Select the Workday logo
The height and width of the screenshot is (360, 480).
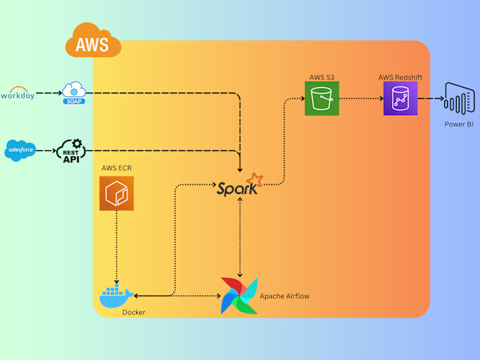[x=19, y=93]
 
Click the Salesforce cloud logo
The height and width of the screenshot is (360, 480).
[x=20, y=149]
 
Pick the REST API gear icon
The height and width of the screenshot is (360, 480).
[x=69, y=150]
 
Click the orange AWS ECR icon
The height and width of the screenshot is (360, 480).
[x=116, y=193]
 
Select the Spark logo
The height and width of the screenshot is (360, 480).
[x=239, y=185]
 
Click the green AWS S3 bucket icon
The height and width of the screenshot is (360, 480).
[x=322, y=98]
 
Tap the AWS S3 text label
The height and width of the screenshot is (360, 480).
[x=322, y=77]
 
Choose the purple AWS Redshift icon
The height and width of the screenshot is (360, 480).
[x=400, y=98]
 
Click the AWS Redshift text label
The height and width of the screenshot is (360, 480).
[x=400, y=77]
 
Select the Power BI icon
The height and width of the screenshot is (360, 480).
[x=459, y=99]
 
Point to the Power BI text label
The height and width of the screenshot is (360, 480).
[x=459, y=125]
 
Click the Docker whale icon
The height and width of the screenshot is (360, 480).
[x=116, y=296]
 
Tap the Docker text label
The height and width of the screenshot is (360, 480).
[x=134, y=313]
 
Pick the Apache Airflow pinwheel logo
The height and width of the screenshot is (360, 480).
[x=239, y=296]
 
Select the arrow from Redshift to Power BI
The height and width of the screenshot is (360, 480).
[x=431, y=99]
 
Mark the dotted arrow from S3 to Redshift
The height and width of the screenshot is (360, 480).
[x=361, y=99]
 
